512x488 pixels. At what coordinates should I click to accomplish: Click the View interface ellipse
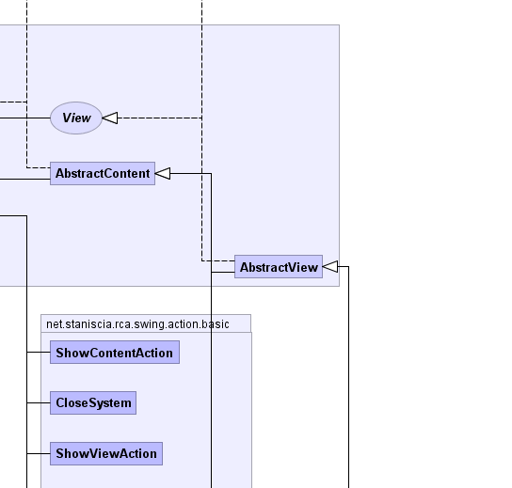[76, 118]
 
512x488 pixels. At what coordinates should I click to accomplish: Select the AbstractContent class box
[103, 174]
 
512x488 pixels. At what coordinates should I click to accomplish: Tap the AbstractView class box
[279, 267]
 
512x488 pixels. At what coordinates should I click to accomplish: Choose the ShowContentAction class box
[115, 353]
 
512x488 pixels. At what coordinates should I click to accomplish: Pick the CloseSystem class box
[93, 402]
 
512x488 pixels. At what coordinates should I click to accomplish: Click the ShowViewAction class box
[106, 454]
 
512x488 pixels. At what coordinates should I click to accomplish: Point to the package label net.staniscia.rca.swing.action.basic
[137, 324]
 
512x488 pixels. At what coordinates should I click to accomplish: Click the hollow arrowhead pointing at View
[110, 118]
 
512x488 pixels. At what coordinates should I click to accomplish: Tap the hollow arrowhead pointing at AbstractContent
[163, 174]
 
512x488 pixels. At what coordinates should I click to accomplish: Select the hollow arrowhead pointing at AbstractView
[330, 266]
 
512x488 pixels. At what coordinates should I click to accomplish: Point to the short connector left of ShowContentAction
[39, 353]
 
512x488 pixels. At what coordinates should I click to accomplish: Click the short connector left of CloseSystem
[39, 402]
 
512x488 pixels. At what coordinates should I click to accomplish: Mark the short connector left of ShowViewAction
[39, 454]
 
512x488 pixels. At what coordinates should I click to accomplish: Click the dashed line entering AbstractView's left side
[218, 261]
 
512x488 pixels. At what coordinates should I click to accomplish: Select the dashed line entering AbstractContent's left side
[39, 168]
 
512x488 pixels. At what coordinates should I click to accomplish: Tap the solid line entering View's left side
[25, 118]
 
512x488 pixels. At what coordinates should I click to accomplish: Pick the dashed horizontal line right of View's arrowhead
[160, 118]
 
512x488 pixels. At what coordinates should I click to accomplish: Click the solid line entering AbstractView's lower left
[223, 272]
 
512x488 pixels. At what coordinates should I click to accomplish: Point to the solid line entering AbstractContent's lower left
[25, 179]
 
